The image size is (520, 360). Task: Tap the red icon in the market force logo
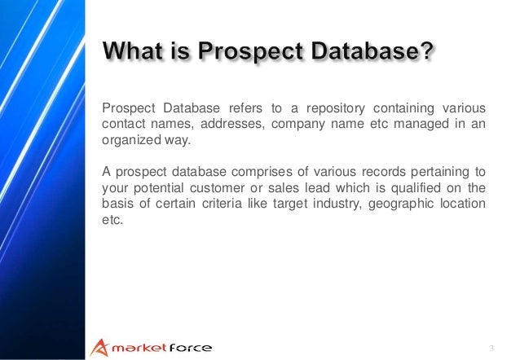point(97,347)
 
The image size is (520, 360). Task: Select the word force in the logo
point(189,348)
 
